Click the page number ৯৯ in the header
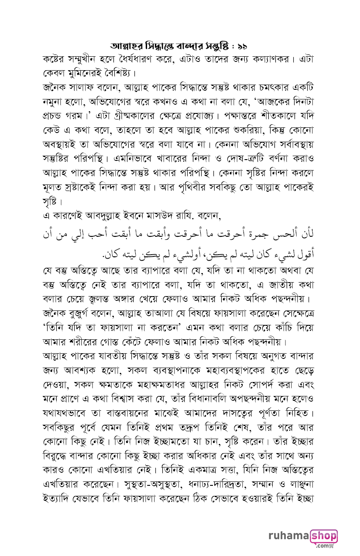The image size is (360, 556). [241, 45]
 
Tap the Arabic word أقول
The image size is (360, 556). [303, 253]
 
